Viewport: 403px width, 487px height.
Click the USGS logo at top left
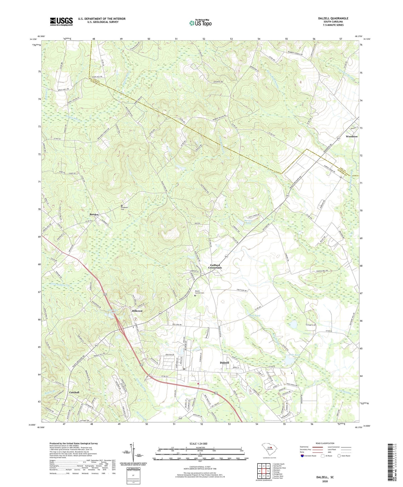[x=61, y=21]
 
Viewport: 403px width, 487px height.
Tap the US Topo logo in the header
[x=200, y=23]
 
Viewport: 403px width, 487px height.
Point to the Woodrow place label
[x=351, y=136]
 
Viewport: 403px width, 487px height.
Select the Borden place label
[x=94, y=214]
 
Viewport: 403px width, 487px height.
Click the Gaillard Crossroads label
[x=215, y=266]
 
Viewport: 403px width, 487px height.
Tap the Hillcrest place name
[x=137, y=311]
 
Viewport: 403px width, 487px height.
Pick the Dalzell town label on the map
[x=224, y=363]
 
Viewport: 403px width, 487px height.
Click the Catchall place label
[x=74, y=392]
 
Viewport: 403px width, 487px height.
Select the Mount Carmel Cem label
[x=200, y=292]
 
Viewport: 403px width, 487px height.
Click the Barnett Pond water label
[x=248, y=222]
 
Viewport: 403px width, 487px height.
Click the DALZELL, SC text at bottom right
[x=325, y=477]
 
